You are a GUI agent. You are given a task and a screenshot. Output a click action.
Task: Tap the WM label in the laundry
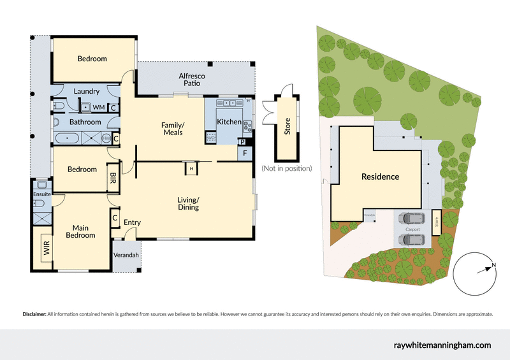99,107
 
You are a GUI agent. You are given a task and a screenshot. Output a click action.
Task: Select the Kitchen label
229,122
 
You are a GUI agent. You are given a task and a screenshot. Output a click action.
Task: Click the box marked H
191,168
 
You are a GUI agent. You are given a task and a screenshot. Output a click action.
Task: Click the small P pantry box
243,142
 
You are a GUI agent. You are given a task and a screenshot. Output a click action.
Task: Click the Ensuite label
42,193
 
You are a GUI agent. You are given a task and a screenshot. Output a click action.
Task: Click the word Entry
132,222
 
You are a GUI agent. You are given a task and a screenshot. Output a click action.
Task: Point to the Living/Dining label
188,203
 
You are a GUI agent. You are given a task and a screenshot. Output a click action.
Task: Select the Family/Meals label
173,129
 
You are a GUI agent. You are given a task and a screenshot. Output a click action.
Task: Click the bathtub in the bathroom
67,138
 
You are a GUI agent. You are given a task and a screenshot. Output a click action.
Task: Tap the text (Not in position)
286,169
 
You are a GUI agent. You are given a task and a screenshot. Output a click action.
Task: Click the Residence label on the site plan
380,176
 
